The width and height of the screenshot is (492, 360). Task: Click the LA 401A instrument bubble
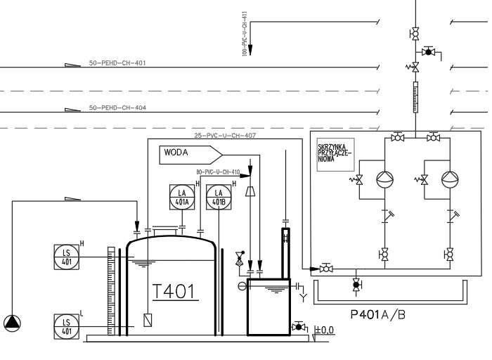click(x=181, y=198)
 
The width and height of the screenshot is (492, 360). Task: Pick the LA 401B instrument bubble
click(x=218, y=198)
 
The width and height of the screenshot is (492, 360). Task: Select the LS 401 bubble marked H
click(x=67, y=256)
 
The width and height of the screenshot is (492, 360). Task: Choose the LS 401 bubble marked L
click(x=67, y=326)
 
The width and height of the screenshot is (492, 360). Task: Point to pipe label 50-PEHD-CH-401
click(x=117, y=63)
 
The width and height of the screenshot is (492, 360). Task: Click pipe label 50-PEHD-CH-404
click(x=117, y=108)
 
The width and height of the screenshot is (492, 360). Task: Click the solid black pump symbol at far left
click(x=12, y=323)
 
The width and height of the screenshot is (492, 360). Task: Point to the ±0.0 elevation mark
click(x=324, y=329)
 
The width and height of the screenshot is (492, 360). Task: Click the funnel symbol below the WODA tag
click(x=250, y=191)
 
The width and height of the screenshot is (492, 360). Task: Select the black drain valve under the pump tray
click(x=356, y=285)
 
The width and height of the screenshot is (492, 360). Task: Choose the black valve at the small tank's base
click(x=299, y=327)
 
